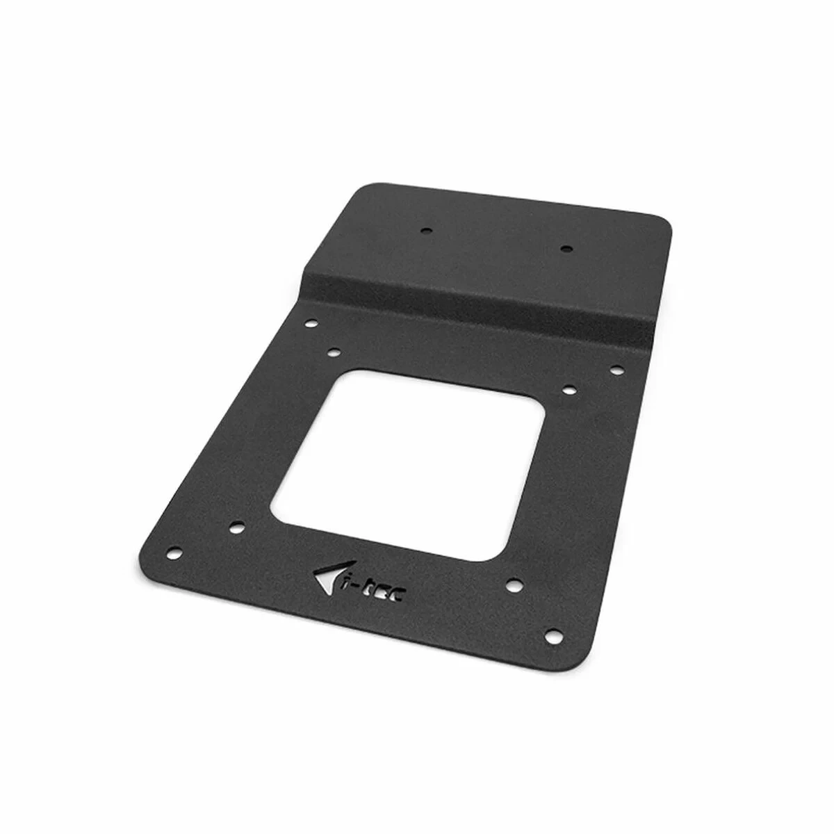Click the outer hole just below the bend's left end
(311, 323)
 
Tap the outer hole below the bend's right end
(614, 369)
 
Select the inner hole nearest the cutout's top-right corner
(566, 389)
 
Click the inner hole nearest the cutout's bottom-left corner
(236, 526)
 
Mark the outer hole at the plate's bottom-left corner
(174, 553)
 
